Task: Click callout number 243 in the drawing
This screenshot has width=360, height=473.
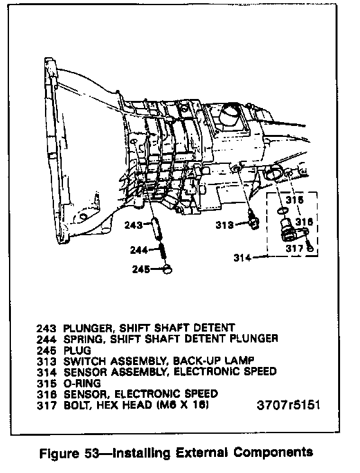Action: click(x=134, y=225)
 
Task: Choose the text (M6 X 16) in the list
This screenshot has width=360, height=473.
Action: click(x=183, y=404)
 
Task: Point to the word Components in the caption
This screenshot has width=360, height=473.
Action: click(x=277, y=452)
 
